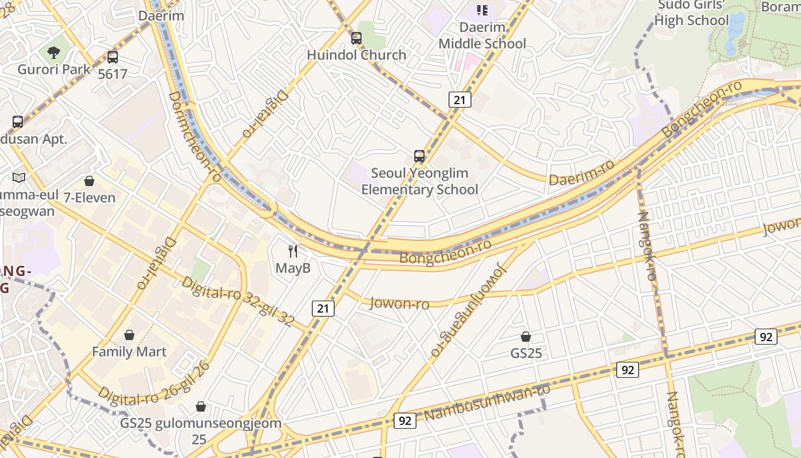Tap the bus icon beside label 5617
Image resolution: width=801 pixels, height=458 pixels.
click(113, 57)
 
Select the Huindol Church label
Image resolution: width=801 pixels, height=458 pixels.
click(356, 55)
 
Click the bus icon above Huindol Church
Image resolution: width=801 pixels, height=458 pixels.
click(356, 38)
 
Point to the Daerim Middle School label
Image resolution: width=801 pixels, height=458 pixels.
click(482, 35)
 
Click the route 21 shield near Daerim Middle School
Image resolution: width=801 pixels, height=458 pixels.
click(459, 100)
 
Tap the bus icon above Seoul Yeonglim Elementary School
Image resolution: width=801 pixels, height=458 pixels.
click(419, 156)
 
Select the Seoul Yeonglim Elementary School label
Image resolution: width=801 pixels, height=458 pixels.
click(419, 181)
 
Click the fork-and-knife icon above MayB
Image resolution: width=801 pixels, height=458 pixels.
click(293, 251)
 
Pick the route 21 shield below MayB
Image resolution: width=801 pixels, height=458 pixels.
click(323, 309)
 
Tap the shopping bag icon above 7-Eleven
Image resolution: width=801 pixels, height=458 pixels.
click(89, 181)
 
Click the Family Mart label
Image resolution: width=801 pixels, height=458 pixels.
click(129, 352)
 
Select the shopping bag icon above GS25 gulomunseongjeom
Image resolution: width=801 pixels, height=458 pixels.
click(201, 406)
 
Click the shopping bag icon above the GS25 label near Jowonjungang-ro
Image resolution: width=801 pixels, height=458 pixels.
click(526, 337)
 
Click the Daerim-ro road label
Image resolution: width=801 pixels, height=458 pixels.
click(581, 172)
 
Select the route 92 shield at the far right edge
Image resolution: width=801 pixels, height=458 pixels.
click(766, 337)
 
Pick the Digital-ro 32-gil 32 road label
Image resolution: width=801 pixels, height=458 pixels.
click(238, 303)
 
